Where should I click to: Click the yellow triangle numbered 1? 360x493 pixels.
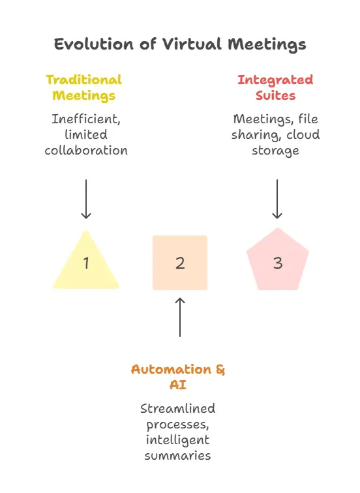point(85,264)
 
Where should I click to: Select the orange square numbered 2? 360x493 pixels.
point(180,263)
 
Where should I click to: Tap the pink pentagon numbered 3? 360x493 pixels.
point(278,262)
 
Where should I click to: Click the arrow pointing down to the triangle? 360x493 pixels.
point(85,199)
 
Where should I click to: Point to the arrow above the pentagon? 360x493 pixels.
point(277,199)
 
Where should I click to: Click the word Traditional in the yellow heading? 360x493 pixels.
point(83,80)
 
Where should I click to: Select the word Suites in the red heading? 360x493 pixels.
point(275,96)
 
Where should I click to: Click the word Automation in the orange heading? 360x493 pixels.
point(171,369)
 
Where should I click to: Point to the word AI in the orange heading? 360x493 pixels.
point(177,385)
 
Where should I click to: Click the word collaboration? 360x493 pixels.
point(85,151)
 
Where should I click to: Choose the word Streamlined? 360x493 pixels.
point(177,409)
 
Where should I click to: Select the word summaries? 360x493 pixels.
point(178,455)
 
